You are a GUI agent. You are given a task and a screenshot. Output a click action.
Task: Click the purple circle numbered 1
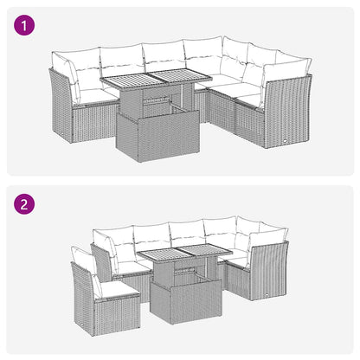27,27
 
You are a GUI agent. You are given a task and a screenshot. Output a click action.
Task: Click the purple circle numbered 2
27,206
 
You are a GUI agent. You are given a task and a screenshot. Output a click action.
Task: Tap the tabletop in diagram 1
156,83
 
